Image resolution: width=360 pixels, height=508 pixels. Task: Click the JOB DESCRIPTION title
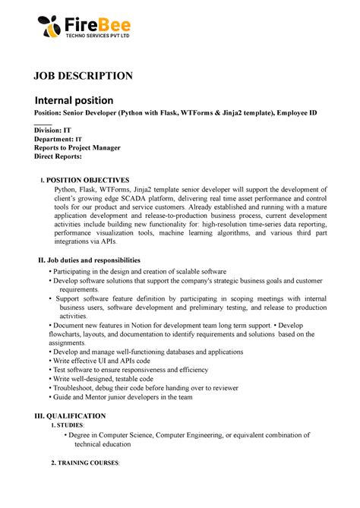(82, 75)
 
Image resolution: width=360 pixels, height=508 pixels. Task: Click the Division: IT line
(52, 131)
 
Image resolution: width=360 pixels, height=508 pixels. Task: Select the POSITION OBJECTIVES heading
(90, 178)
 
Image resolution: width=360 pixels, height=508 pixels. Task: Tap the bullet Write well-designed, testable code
(103, 379)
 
